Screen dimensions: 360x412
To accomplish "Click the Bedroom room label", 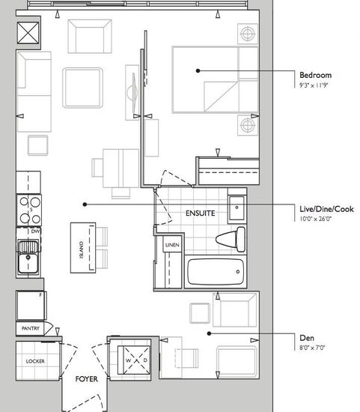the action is (x=315, y=75).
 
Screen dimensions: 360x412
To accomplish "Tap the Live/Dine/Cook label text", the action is (x=326, y=209).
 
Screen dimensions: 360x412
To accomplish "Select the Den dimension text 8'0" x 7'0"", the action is (x=312, y=348).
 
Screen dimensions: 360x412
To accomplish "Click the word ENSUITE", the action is (x=201, y=213).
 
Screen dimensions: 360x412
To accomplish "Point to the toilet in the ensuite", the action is (x=231, y=240).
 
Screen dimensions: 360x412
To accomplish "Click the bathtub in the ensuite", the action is (x=216, y=272).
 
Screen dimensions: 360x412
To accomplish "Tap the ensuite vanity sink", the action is (x=237, y=208).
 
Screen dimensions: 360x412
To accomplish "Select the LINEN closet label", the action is (x=172, y=245).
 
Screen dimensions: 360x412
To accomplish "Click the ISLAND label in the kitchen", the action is (x=82, y=250).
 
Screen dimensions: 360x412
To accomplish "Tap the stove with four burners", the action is (x=29, y=210).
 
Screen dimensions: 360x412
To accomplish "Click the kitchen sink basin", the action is (x=28, y=262).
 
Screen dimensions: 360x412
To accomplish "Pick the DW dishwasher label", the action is (x=35, y=231).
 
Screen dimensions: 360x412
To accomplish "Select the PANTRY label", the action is (x=31, y=328).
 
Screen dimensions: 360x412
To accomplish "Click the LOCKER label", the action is (x=35, y=361).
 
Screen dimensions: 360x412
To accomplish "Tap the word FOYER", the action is (x=86, y=379).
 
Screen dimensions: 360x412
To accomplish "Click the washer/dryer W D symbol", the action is (x=136, y=360).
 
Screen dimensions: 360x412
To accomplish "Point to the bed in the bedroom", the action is (x=215, y=79).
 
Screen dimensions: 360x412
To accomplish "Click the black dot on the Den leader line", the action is (x=209, y=333).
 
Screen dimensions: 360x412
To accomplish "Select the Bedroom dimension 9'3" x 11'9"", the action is (x=314, y=85).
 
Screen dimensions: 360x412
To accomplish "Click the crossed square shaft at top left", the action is (x=28, y=32).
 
